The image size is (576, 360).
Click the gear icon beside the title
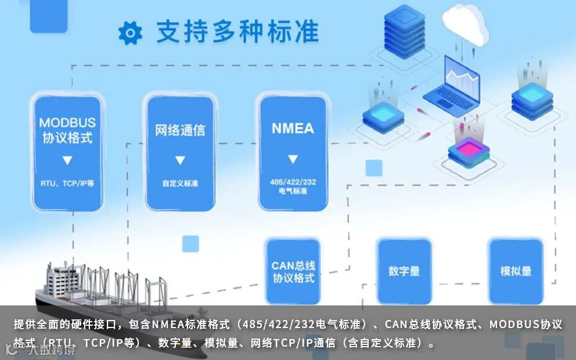point(130,34)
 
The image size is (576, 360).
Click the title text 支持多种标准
point(237,33)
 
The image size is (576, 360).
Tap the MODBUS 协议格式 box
point(67,152)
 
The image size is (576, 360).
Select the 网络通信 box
point(179,152)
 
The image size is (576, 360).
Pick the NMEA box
point(293,152)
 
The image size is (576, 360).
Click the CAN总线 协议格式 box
point(293,271)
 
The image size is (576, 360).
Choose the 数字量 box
point(404,271)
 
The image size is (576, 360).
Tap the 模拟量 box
point(516,271)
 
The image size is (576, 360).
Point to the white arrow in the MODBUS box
point(67,160)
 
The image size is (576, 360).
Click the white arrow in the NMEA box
point(293,159)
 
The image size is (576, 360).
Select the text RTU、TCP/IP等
point(67,183)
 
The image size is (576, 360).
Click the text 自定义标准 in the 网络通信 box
point(180,183)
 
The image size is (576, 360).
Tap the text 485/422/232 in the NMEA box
point(293,182)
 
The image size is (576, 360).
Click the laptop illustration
point(452,84)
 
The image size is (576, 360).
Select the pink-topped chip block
point(469,152)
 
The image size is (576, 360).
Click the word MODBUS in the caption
point(514,324)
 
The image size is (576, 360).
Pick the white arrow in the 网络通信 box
point(180,160)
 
